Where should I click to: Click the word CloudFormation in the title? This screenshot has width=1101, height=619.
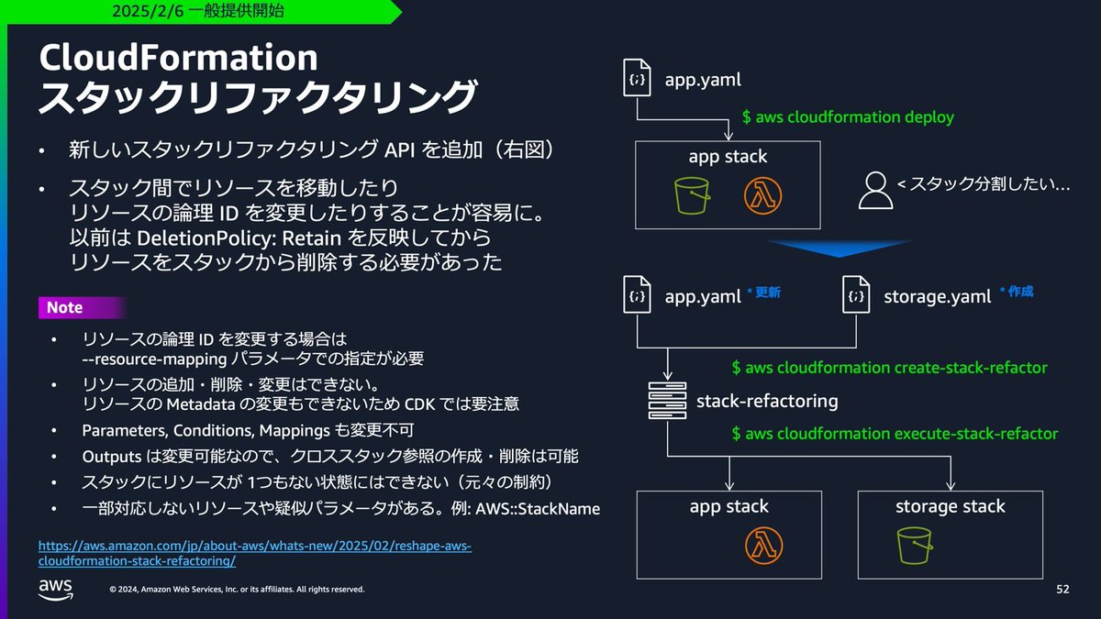[x=178, y=58]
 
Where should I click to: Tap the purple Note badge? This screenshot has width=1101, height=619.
[x=64, y=308]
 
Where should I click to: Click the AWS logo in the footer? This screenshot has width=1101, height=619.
[x=55, y=589]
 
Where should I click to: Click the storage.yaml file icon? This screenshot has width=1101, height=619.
[x=857, y=295]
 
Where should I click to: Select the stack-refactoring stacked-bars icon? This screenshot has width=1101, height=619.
[x=666, y=401]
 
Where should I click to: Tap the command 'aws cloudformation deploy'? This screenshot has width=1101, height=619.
[x=848, y=117]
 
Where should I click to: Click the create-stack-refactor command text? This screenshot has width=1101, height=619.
[x=889, y=368]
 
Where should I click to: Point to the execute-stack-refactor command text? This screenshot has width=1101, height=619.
[x=895, y=433]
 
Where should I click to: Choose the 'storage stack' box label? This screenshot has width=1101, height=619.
[x=950, y=506]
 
